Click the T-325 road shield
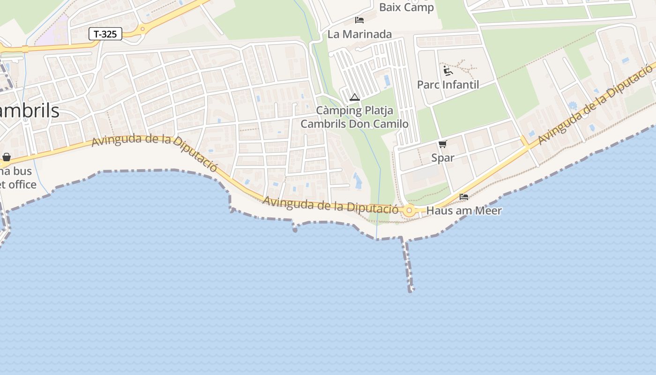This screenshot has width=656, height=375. tap(105, 34)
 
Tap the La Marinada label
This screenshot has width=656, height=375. tap(359, 34)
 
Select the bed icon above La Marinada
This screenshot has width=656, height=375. tap(359, 20)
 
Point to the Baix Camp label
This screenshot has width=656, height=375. tap(406, 7)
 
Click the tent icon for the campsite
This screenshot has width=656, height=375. tap(355, 97)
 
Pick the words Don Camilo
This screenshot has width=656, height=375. tap(379, 124)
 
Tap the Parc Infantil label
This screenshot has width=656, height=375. tap(448, 85)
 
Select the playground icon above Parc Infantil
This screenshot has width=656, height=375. tap(448, 71)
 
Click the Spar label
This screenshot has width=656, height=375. tap(443, 157)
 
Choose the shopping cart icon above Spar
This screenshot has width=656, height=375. tap(443, 144)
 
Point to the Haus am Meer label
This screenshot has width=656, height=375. tap(464, 211)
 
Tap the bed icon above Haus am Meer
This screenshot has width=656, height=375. tap(464, 196)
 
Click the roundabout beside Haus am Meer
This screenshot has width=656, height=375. tap(409, 210)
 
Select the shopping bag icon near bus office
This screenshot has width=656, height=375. tap(7, 157)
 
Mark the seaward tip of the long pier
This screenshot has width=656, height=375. tap(411, 290)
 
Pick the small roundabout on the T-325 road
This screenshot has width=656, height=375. tap(142, 29)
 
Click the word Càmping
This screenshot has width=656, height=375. tap(339, 111)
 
